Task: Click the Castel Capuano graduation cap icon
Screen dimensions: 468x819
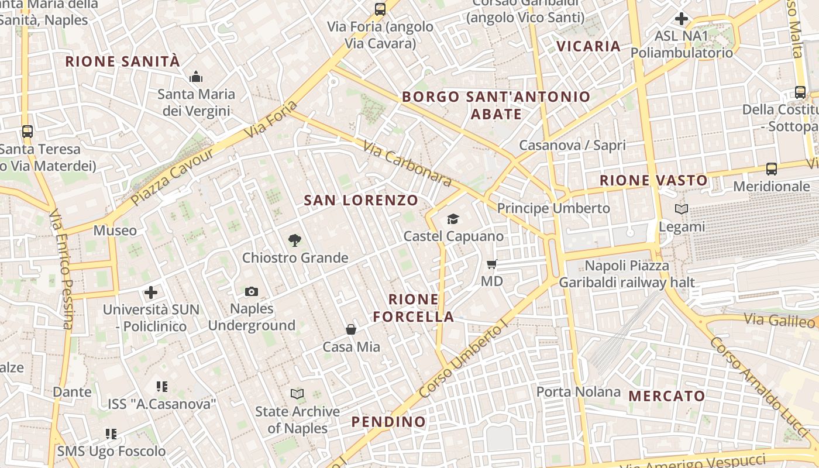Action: [453, 219]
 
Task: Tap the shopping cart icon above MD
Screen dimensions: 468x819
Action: [491, 264]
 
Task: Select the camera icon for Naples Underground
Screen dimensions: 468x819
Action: [252, 291]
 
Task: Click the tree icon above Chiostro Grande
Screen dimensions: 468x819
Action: [295, 240]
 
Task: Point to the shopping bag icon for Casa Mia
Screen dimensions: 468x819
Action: [351, 329]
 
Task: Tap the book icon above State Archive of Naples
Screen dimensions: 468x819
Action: [297, 394]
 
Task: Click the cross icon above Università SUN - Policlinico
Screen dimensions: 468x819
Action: [151, 292]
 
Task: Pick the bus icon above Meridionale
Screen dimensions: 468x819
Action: [772, 169]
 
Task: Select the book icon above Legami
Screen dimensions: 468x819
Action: [682, 209]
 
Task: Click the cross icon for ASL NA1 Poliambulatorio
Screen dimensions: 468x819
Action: [681, 19]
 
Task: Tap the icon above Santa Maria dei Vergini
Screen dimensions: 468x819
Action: [196, 77]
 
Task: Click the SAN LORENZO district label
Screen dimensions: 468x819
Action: [361, 201]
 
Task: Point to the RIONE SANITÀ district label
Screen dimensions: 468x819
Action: [122, 61]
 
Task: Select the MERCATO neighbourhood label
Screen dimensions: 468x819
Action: [667, 396]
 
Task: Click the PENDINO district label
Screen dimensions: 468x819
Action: [388, 422]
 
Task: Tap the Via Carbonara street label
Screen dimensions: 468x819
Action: [407, 163]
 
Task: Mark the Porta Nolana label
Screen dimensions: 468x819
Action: [579, 391]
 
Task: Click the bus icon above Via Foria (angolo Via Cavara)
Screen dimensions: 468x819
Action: [380, 9]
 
